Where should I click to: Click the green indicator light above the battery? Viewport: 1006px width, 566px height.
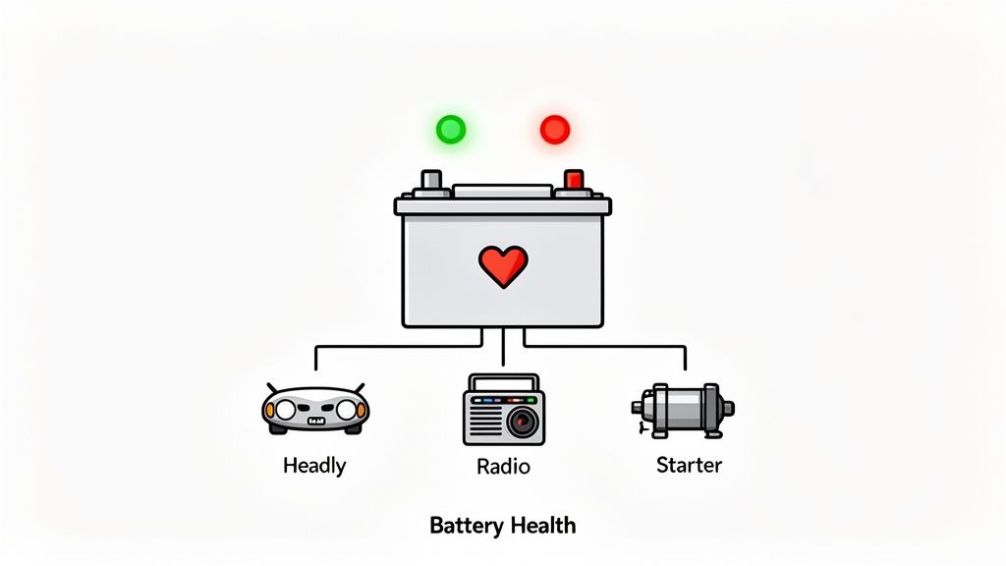tap(451, 129)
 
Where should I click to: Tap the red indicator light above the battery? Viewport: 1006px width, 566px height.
tap(555, 129)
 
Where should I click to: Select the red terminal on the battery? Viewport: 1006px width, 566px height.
tap(574, 179)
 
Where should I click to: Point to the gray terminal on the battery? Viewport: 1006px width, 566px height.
tap(431, 179)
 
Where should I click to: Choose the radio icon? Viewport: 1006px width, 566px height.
tap(503, 410)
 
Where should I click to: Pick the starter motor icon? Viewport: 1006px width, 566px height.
tap(682, 408)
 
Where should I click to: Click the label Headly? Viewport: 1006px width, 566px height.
tap(314, 465)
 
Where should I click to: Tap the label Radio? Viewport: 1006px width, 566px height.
tap(503, 465)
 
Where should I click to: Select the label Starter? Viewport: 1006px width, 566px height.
tap(689, 464)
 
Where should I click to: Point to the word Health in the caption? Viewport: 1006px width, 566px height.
tap(541, 526)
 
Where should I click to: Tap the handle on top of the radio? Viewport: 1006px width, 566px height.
tap(503, 379)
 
